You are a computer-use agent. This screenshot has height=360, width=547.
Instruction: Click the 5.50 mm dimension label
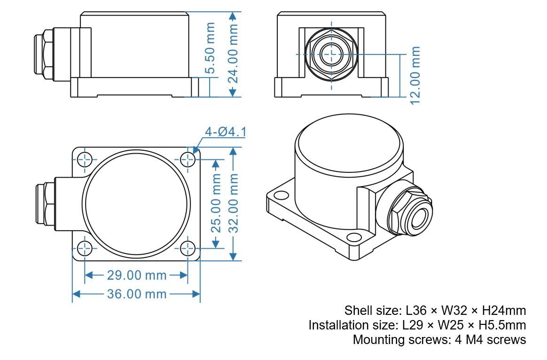(x=211, y=48)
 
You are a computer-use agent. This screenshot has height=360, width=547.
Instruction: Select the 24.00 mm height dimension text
(x=233, y=54)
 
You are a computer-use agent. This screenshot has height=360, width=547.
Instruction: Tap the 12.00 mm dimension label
(x=414, y=75)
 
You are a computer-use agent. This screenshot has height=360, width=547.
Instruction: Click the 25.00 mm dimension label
(x=216, y=203)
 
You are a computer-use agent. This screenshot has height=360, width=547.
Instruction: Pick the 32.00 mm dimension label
(x=234, y=203)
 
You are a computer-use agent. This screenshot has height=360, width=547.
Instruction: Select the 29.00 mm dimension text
(x=137, y=275)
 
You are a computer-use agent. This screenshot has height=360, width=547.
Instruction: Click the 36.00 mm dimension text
(x=137, y=294)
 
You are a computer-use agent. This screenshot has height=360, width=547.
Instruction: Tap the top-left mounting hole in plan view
(x=85, y=160)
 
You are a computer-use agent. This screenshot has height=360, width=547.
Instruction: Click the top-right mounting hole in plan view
(x=188, y=160)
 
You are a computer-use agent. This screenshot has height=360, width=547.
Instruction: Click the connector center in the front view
(x=331, y=54)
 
